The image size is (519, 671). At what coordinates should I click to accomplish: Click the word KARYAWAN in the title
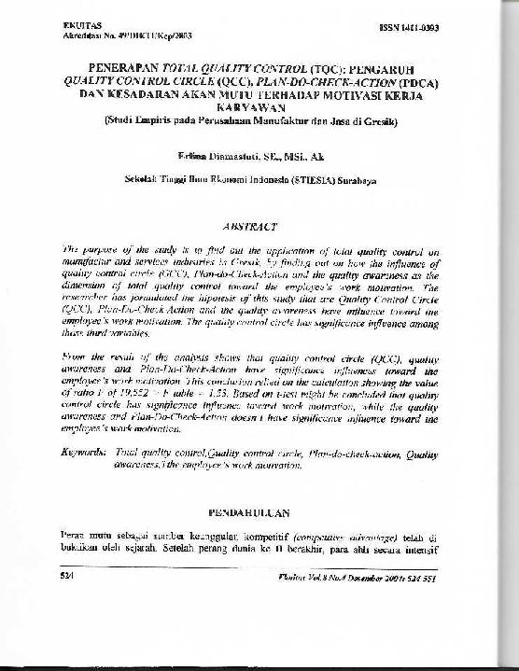pos(259,107)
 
